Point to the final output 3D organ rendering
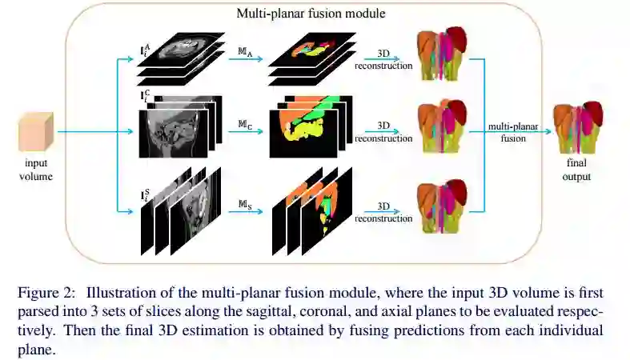point(576,127)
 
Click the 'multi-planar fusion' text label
point(513,132)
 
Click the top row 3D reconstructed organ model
point(441,55)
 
